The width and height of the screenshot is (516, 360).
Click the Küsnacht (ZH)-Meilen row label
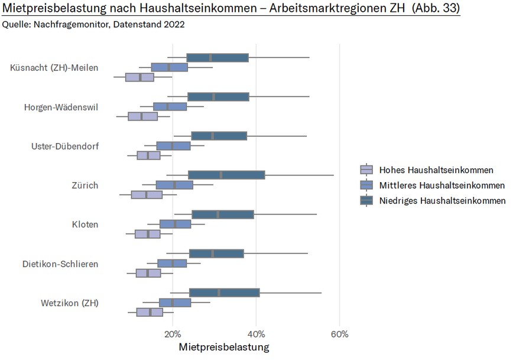[54, 67]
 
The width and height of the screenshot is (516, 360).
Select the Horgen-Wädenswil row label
[61, 107]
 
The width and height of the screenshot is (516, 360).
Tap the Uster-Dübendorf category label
[64, 146]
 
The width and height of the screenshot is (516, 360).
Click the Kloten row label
[85, 225]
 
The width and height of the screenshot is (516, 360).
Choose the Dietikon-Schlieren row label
[60, 264]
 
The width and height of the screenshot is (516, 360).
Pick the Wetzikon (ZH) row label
[70, 303]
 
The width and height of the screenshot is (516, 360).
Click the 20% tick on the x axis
[173, 334]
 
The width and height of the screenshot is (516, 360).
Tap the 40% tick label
[256, 334]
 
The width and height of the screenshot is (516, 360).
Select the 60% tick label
[339, 334]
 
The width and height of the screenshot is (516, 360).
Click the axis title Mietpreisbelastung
[223, 346]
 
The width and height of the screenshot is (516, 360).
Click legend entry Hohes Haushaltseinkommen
[436, 170]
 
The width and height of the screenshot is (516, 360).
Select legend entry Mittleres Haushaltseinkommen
[442, 186]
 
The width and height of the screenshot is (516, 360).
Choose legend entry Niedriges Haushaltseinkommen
[442, 201]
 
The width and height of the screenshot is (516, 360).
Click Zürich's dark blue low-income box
[226, 174]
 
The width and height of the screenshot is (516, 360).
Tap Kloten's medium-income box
[175, 224]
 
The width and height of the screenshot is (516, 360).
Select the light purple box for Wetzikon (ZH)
[150, 312]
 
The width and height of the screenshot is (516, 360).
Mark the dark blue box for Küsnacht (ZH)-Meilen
[218, 57]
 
